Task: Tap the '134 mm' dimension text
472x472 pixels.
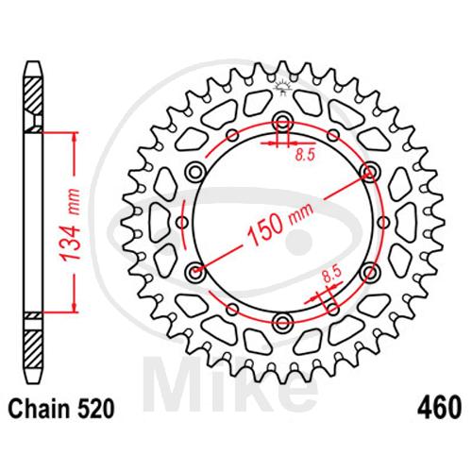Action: click(x=71, y=225)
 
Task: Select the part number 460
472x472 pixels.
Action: click(x=439, y=408)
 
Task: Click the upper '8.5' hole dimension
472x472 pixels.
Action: click(x=305, y=155)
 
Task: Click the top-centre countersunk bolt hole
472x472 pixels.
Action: click(x=283, y=123)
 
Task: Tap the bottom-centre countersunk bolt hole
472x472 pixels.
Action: click(x=283, y=323)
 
